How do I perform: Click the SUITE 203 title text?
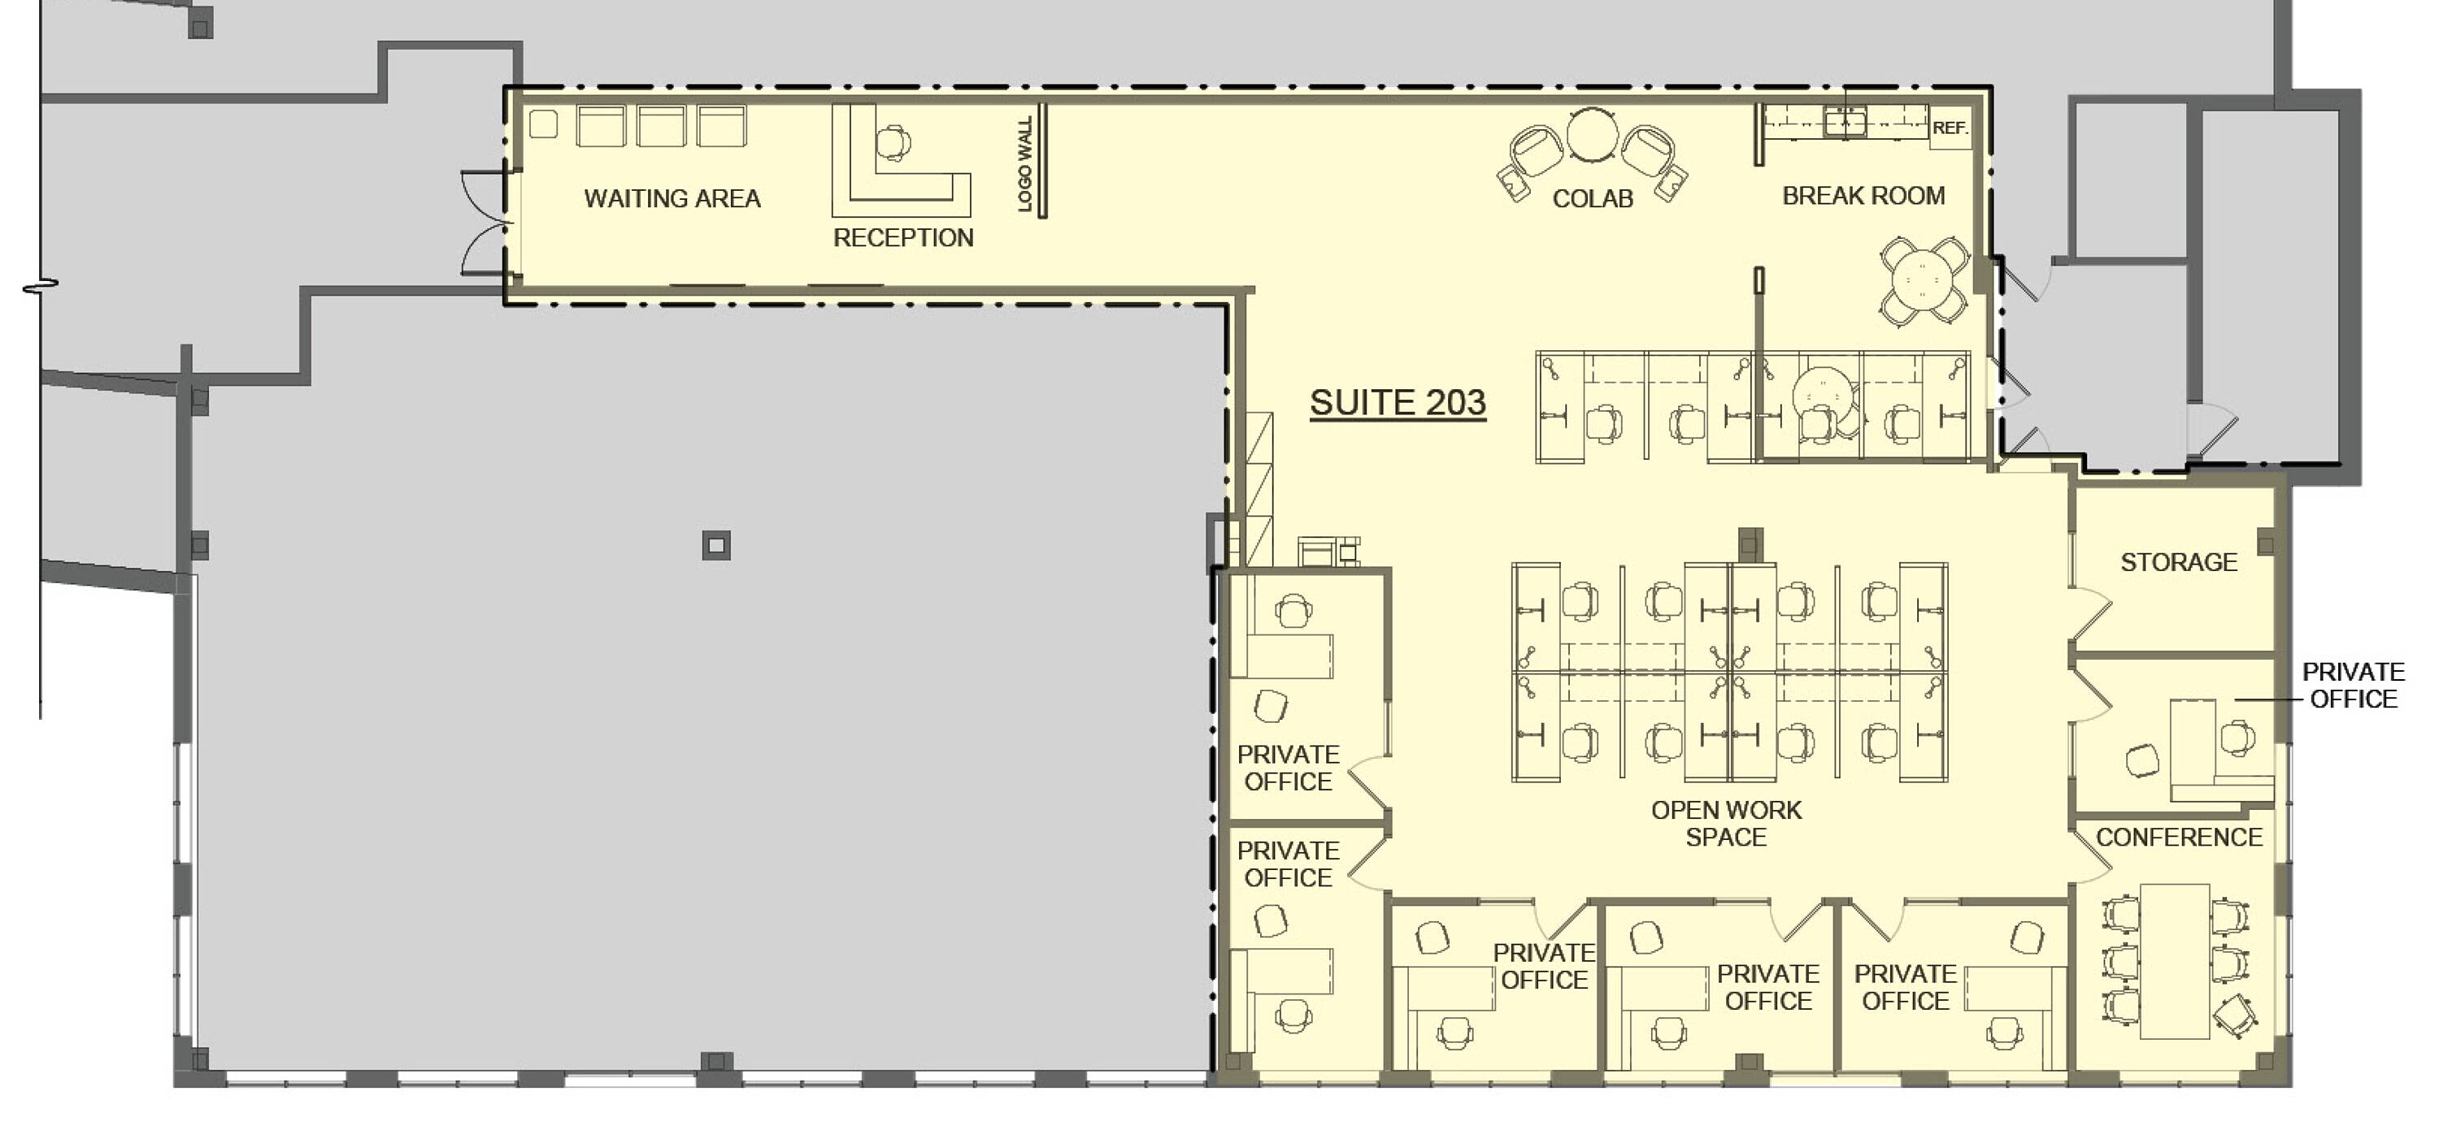[1398, 404]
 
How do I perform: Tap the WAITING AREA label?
[672, 199]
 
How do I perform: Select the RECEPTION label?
[903, 237]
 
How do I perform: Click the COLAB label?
[1593, 199]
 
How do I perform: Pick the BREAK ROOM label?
[1863, 196]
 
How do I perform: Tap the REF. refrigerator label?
[1950, 128]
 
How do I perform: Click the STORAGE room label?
[2179, 562]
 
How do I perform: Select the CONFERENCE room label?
[2179, 838]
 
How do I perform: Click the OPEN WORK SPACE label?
[1726, 824]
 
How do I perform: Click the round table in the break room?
[1923, 280]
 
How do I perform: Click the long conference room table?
[2175, 960]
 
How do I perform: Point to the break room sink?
[1845, 122]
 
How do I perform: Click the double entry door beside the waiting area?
[485, 223]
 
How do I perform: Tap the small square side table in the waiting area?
[542, 124]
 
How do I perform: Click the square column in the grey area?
[717, 545]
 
